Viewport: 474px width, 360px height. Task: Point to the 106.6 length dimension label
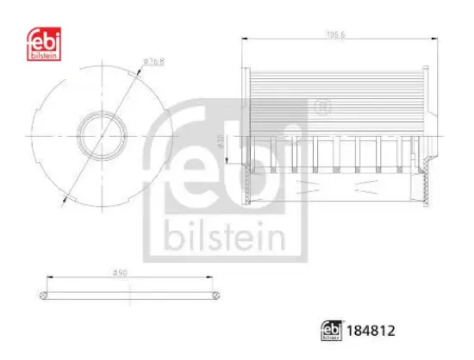coord(334,35)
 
